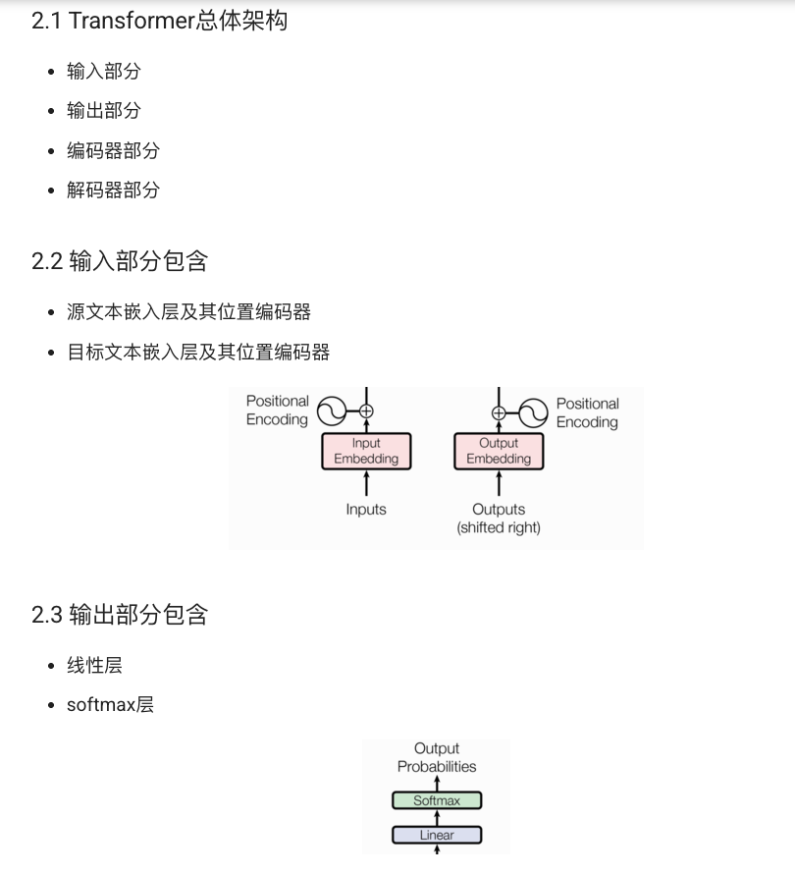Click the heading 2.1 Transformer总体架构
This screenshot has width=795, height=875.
(x=159, y=21)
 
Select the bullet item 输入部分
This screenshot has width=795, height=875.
(x=104, y=72)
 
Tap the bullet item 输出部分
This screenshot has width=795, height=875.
(x=104, y=111)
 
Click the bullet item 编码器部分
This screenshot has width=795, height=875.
(x=113, y=151)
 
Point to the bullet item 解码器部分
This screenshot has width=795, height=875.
(x=113, y=191)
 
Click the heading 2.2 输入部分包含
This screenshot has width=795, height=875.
(x=120, y=261)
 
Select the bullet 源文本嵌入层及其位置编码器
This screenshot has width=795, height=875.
(x=188, y=312)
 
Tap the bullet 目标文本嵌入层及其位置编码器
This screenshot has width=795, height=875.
(x=198, y=353)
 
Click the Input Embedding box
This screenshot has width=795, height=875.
(x=366, y=452)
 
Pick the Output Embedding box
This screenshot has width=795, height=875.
(x=499, y=452)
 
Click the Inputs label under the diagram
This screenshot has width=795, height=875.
(x=366, y=510)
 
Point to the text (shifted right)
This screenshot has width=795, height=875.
(x=499, y=528)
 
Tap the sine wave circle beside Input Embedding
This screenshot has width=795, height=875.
(x=333, y=412)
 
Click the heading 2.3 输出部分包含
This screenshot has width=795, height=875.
(x=120, y=616)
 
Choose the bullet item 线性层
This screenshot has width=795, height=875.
(x=94, y=666)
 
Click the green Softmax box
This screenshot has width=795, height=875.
(x=437, y=800)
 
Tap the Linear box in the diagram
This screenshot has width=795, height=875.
(x=437, y=835)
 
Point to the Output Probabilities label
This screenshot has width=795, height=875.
(x=437, y=757)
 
